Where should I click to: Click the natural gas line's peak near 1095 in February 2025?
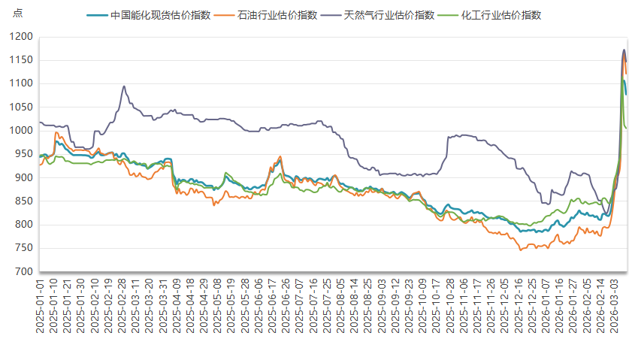point(124,86)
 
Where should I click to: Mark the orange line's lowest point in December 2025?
point(521,250)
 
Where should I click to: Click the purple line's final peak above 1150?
point(624,50)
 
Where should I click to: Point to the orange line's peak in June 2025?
point(280,156)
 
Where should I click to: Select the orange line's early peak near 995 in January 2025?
point(56,133)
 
